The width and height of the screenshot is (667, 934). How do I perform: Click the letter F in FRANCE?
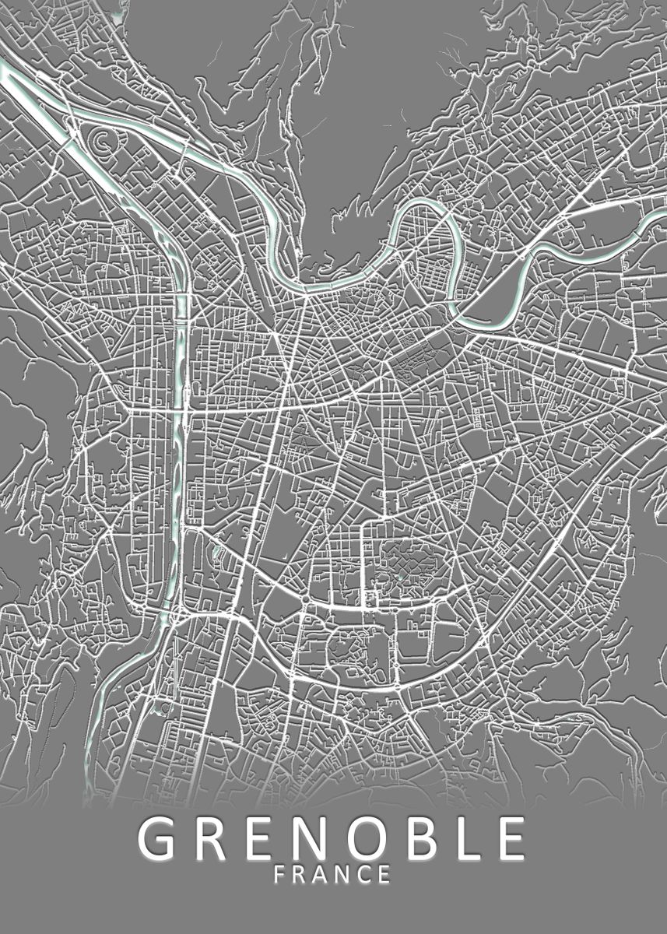click(x=281, y=875)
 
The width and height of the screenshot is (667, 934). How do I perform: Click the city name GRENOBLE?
click(x=332, y=838)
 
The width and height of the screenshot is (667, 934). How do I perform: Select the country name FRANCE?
click(x=332, y=875)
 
